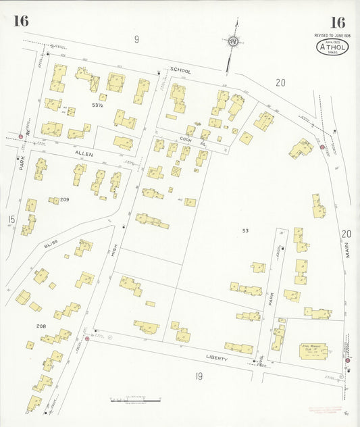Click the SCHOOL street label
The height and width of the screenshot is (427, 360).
pos(180,70)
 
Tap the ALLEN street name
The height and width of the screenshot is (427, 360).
pos(83,155)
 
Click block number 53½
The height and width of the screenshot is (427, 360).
pos(97,105)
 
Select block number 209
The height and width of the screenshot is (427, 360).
pos(65,200)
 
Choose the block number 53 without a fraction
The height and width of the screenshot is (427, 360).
pos(245,231)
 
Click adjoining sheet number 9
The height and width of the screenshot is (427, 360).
pos(136,40)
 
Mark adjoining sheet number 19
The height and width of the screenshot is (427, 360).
pos(199,376)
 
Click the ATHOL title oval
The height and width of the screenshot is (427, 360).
pos(332,47)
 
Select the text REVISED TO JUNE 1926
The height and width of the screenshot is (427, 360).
pos(332,34)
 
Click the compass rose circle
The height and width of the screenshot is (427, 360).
pos(234,41)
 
